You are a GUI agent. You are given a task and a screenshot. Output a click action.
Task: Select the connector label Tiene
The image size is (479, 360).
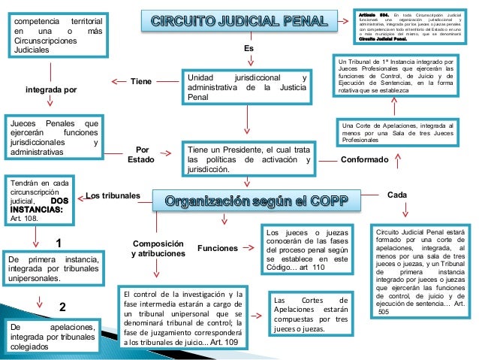141,81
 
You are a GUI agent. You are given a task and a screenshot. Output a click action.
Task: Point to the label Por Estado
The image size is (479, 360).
140,154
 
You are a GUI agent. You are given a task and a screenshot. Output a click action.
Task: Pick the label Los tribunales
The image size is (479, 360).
113,196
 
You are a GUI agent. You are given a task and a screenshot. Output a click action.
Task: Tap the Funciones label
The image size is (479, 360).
216,247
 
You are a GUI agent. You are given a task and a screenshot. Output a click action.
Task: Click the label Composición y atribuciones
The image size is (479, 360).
158,249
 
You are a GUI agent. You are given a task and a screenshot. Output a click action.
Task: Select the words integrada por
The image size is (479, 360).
51,90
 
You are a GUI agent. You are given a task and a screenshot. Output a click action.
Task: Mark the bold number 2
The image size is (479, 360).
62,307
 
